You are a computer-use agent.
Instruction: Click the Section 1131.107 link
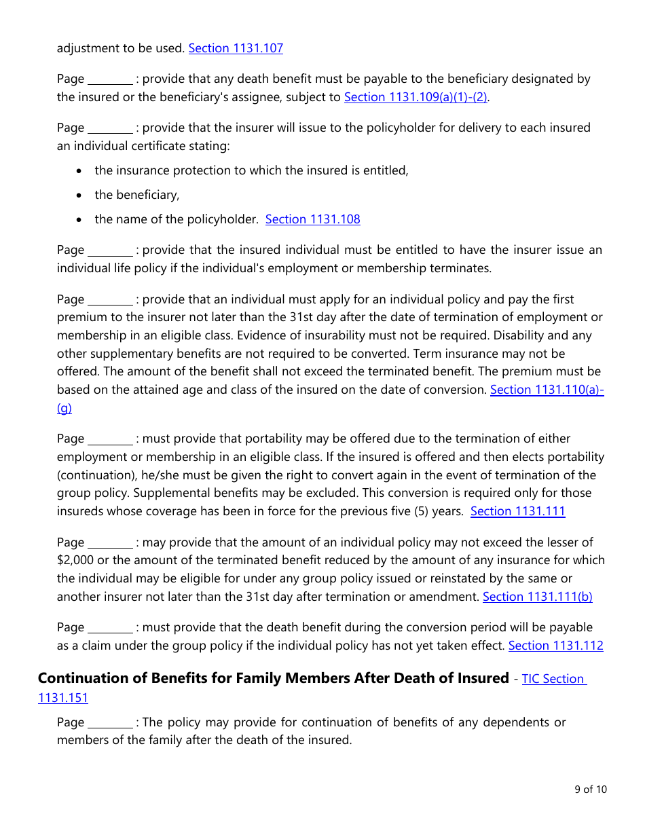coord(236,48)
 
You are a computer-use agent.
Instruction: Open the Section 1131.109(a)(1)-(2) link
coord(416,97)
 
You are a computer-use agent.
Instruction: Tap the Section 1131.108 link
coord(312,219)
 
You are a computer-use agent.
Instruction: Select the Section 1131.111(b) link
coord(537,597)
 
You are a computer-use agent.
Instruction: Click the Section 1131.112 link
coord(555,646)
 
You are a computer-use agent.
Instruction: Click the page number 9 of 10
coord(590,789)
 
